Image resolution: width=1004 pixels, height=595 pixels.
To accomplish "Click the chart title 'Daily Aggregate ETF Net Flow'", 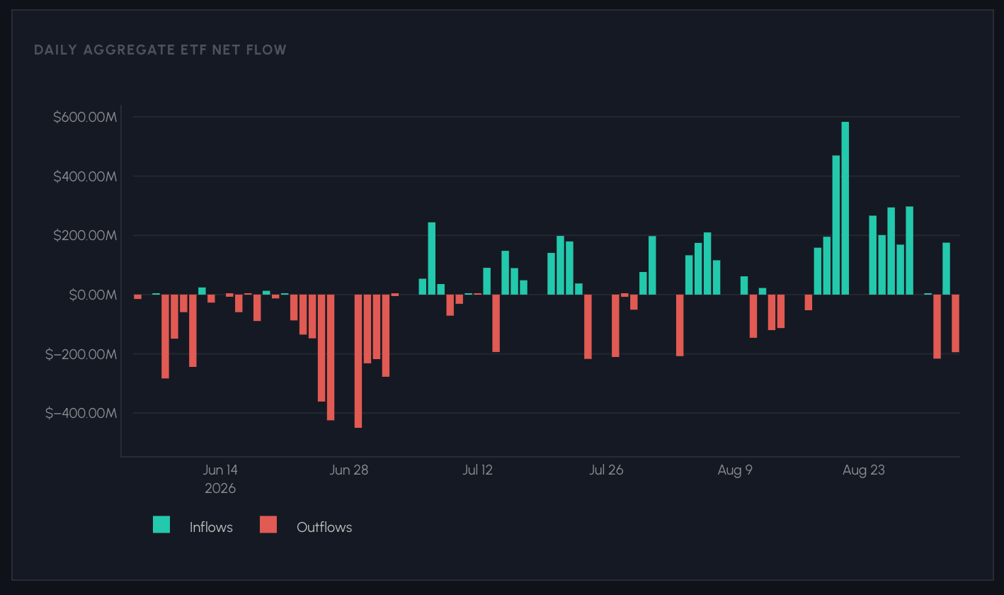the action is pos(160,50).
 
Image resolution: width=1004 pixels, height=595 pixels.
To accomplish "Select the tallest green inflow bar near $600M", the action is pos(845,208).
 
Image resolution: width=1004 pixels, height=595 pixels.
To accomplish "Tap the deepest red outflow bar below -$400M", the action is pos(358,361).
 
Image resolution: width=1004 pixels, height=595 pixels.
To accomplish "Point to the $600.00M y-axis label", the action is pos(85,117).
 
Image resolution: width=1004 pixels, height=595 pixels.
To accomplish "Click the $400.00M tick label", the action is pos(85,176).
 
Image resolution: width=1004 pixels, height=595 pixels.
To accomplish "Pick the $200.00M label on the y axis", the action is pos(85,235).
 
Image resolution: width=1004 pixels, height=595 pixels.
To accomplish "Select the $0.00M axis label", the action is pos(93,295).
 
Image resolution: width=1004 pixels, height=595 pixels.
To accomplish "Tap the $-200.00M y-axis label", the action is pos(81,354).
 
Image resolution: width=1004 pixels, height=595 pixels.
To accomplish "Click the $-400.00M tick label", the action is pos(81,413).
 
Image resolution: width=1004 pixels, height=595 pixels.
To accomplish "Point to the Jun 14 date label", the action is pos(220,470).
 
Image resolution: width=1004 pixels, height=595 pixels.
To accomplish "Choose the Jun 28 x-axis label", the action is pos(349,470).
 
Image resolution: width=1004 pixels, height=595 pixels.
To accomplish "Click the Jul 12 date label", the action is pos(477,470).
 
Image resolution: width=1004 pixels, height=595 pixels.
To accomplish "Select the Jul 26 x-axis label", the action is pos(606,470).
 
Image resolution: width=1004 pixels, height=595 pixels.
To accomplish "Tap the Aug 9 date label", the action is pos(735,470).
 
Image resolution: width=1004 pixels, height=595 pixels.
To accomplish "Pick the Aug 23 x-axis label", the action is pos(864,470).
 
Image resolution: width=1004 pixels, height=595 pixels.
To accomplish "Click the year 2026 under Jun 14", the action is pos(220,488).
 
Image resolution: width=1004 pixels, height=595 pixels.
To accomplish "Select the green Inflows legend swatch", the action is pos(161,525).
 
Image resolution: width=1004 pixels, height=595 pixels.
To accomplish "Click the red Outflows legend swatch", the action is pos(268,525).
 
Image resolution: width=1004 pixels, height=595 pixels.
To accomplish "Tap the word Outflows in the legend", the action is pos(324,527).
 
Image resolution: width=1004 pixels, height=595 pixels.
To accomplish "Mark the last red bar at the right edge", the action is pos(956,323).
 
